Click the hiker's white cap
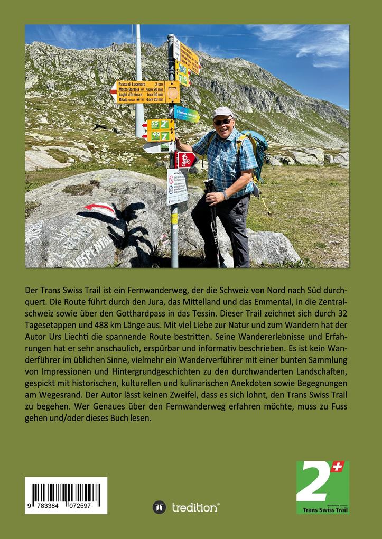(x=223, y=112)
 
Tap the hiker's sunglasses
(x=223, y=122)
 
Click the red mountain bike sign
(x=185, y=159)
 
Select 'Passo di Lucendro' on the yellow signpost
(x=133, y=84)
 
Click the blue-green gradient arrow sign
(x=187, y=114)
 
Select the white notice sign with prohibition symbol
(x=177, y=186)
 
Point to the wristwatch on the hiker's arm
(x=226, y=195)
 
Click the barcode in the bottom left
(x=66, y=495)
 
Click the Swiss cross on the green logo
(x=338, y=467)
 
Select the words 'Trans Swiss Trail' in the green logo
(x=322, y=510)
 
